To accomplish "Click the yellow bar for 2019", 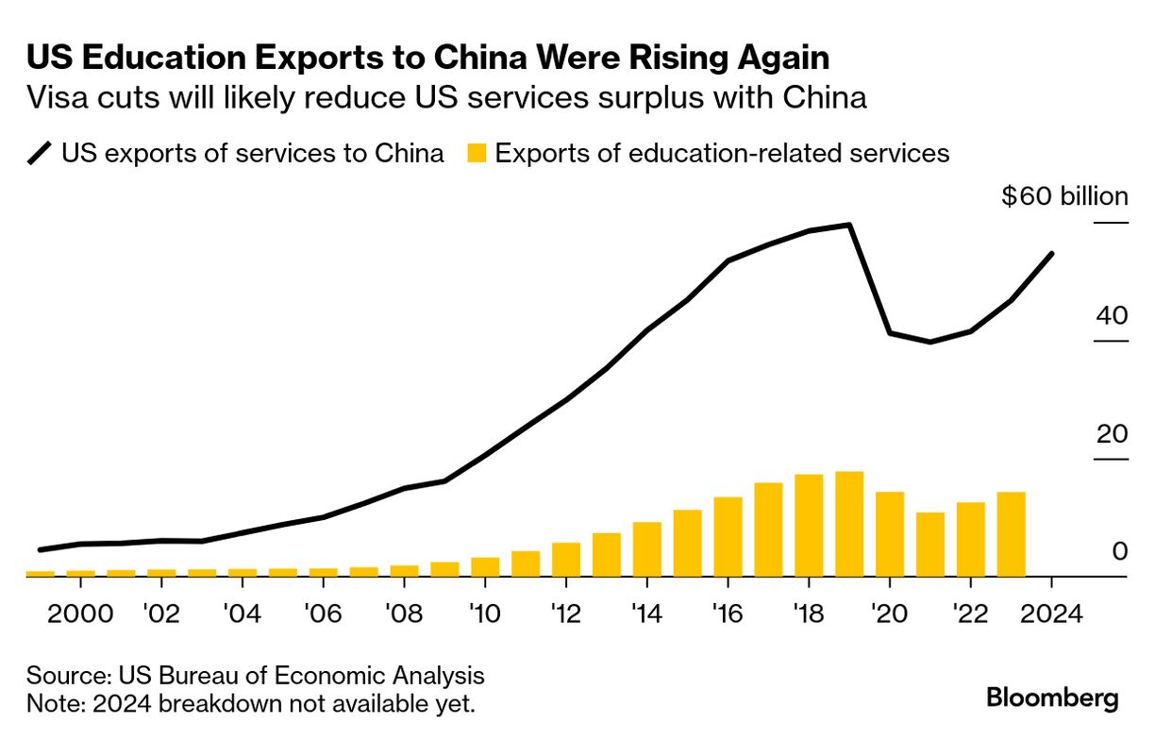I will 849,524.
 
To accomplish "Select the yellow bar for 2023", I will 1011,534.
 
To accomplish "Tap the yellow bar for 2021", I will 930,545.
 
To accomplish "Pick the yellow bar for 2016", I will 728,536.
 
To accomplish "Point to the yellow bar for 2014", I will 646,548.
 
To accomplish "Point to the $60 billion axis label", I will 1064,197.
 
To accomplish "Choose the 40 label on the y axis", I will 1112,316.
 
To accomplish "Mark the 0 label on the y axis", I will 1119,551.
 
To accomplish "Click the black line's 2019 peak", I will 850,225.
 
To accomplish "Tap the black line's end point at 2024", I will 1052,253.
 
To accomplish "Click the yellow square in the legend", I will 477,154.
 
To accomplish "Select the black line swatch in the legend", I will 41,154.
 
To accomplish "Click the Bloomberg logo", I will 1052,698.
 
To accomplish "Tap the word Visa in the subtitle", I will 57,98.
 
